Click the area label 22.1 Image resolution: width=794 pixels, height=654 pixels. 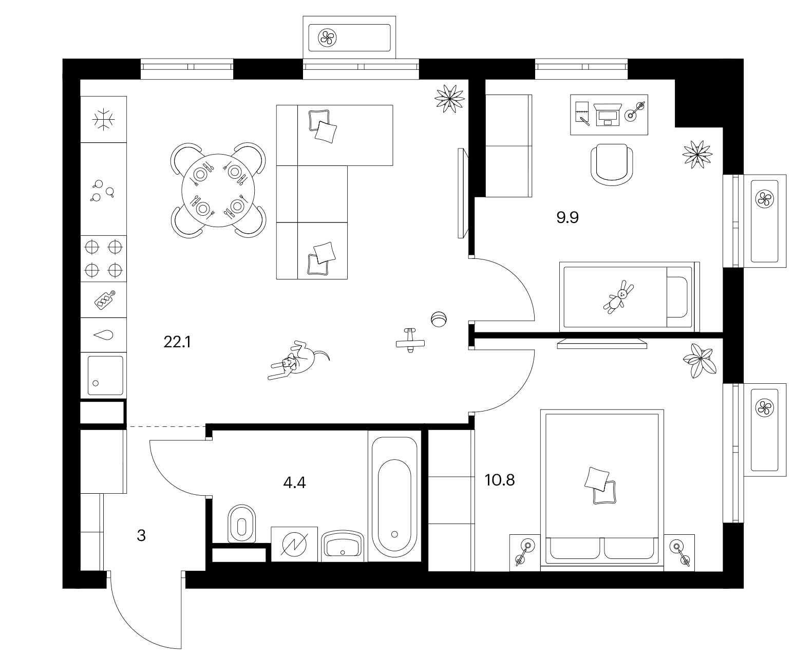coord(177,342)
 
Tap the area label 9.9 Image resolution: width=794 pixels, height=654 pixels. coord(568,218)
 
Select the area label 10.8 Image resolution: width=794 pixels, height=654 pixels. coord(500,480)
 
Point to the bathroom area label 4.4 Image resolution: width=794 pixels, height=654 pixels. coord(294,483)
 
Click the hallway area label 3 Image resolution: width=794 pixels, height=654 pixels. coord(141,536)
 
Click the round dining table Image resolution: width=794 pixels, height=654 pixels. coord(218,190)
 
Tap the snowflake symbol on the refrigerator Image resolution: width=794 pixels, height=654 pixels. coord(103,120)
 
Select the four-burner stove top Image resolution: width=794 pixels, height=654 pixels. coord(103,259)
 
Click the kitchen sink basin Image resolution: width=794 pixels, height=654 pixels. coord(105,376)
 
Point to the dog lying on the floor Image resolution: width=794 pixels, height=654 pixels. coord(298,360)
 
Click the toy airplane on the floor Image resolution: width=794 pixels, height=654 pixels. coord(410,341)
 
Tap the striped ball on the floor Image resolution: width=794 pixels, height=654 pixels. coord(439,319)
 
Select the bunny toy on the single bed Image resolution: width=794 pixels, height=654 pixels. coord(619,297)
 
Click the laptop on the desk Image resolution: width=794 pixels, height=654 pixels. coord(608,114)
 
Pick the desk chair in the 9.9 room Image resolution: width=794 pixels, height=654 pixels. coord(612,164)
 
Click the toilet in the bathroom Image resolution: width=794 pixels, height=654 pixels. coord(241,524)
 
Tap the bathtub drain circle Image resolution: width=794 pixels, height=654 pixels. coord(394,534)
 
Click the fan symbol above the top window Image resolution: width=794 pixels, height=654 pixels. coord(327,38)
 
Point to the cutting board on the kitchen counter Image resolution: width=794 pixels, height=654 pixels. coord(105,300)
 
